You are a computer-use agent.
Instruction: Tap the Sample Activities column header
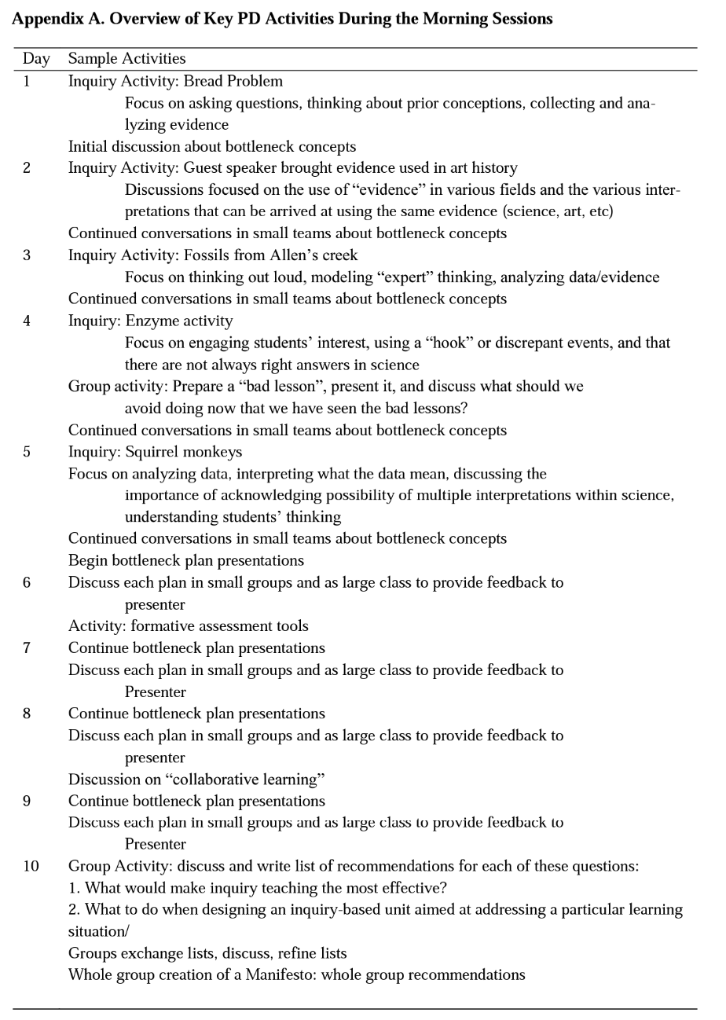tap(127, 59)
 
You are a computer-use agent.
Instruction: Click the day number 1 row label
tap(27, 81)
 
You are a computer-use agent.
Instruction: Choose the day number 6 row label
tap(27, 583)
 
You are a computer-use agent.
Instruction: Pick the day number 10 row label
tap(30, 866)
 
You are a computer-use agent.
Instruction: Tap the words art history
tap(483, 168)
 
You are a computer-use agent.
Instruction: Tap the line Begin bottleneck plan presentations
tap(186, 561)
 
